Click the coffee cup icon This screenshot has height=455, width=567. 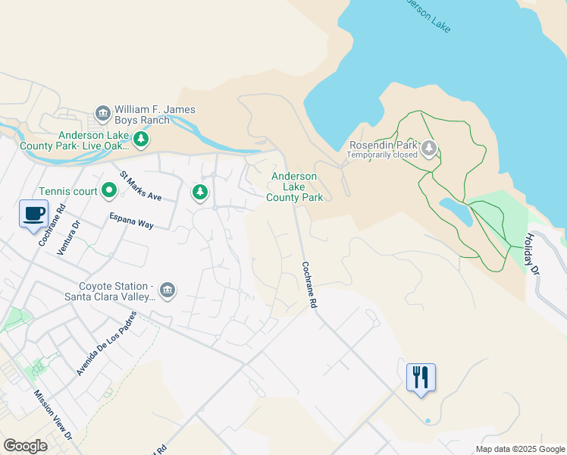(x=33, y=214)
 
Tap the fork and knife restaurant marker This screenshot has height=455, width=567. (x=421, y=377)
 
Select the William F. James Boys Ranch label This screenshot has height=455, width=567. (x=155, y=115)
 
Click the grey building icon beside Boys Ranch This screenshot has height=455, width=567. (x=103, y=114)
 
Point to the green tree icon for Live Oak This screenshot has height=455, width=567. (x=140, y=140)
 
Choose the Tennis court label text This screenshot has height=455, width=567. (x=68, y=191)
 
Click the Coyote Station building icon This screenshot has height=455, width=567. (x=168, y=290)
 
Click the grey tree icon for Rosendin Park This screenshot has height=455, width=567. (x=430, y=147)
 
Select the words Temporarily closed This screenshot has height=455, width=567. (x=382, y=155)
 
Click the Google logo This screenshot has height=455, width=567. (x=26, y=445)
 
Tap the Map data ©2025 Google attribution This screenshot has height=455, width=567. (x=520, y=449)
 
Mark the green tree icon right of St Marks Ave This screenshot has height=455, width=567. (x=200, y=193)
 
